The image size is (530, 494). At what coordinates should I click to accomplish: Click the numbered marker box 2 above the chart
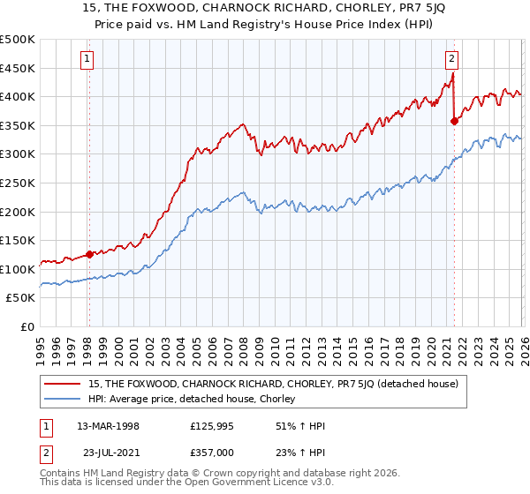pos(451,59)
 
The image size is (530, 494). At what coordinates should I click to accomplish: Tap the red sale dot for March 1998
pos(89,254)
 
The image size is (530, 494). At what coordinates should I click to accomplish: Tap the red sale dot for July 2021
pos(454,122)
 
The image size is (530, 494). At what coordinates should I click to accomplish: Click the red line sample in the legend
pos(63,385)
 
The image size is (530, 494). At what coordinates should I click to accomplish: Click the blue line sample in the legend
pos(63,399)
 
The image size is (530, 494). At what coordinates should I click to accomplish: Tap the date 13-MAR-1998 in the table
pos(108,425)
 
